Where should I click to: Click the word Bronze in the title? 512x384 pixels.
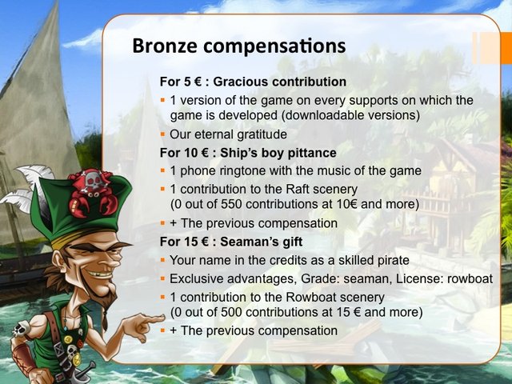tap(165, 46)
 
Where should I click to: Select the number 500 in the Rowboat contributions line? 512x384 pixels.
tap(231, 312)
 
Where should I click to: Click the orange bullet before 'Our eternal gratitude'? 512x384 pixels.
tap(162, 134)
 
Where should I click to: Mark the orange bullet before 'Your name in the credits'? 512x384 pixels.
tap(162, 260)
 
